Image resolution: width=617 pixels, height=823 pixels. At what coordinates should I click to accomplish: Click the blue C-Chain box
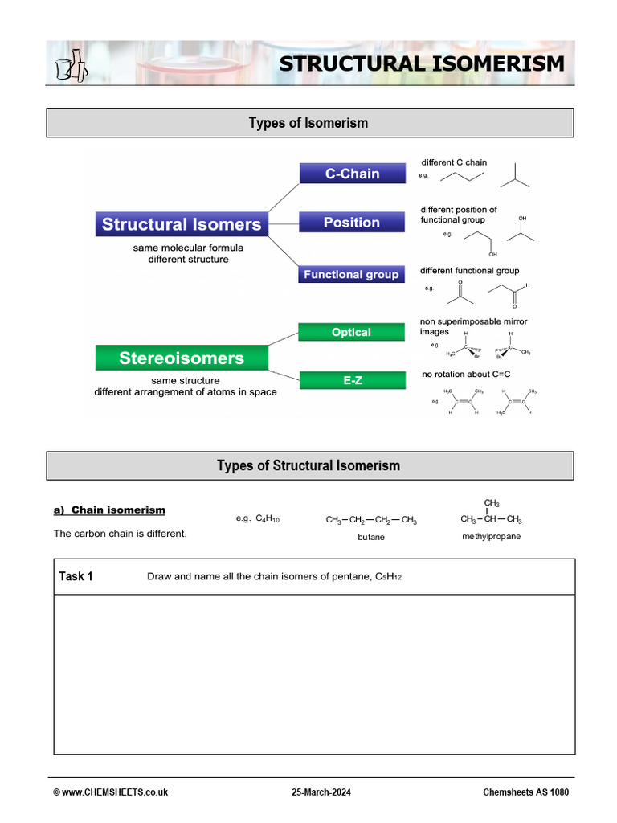352,174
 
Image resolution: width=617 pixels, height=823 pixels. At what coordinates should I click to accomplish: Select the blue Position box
352,223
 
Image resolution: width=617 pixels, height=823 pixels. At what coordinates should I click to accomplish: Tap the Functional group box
351,275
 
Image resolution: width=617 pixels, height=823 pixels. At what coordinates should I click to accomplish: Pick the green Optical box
351,332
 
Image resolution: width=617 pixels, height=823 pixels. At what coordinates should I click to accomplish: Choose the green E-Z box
352,380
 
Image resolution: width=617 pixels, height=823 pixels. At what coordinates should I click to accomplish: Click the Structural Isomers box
182,224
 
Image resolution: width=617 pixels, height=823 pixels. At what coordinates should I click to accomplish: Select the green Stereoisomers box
182,358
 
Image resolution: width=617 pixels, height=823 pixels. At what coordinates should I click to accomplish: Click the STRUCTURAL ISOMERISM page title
422,63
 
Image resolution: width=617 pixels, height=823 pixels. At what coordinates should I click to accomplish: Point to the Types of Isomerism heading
308,123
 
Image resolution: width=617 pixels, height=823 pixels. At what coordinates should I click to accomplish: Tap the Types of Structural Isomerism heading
308,465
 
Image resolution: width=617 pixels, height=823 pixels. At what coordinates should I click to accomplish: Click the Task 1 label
76,576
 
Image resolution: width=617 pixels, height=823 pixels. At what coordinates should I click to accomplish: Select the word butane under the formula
371,537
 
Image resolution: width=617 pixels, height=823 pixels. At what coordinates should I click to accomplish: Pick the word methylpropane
491,536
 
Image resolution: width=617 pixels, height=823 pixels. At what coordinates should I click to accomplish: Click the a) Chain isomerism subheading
109,510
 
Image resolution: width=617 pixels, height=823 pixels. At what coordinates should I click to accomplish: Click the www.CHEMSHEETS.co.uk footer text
111,792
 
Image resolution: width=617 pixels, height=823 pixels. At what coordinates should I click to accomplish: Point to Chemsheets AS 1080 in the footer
525,792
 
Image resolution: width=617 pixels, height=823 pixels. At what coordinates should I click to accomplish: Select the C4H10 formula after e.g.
268,519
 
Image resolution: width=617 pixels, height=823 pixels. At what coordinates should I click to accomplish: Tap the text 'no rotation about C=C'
466,375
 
